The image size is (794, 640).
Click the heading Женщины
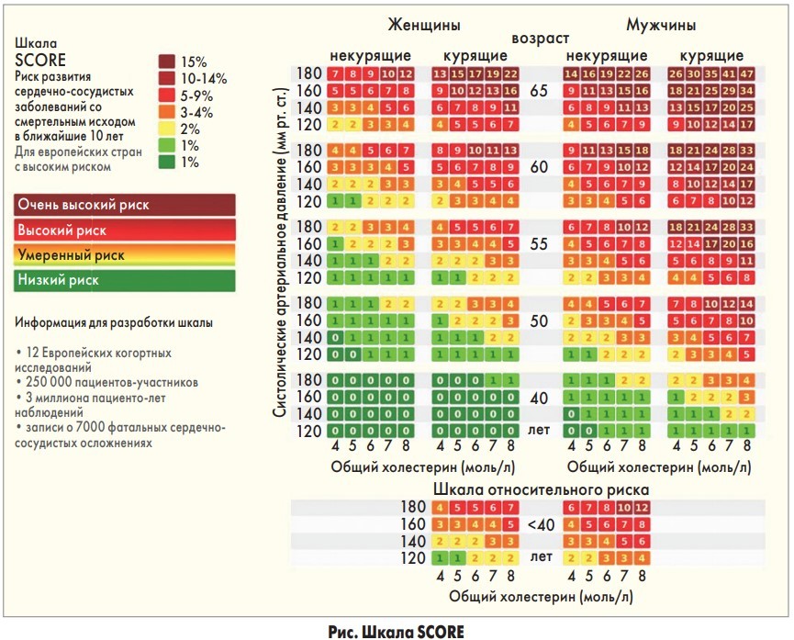[x=423, y=24]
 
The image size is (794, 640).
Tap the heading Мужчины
[x=660, y=24]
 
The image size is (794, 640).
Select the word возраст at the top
[x=541, y=39]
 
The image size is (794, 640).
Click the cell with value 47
[x=747, y=73]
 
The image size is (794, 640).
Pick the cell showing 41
[x=730, y=73]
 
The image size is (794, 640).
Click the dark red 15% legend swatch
[x=167, y=62]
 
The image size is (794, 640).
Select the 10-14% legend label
[x=204, y=78]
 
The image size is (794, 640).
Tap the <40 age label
[x=541, y=524]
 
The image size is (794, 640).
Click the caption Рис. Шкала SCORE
[x=396, y=630]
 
